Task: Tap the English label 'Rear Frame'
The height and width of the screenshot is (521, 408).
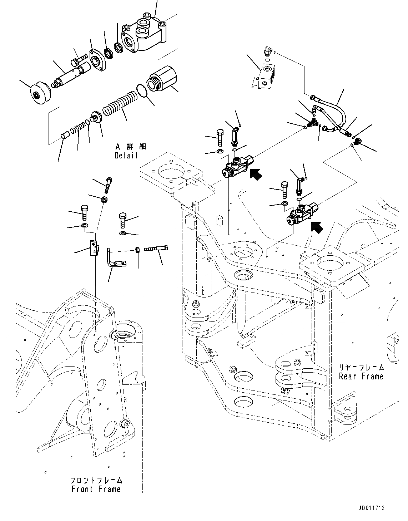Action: click(361, 376)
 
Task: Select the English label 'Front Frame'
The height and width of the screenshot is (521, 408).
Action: click(96, 489)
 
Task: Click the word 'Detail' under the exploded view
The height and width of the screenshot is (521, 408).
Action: click(126, 156)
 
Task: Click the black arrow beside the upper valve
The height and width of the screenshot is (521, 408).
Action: click(256, 174)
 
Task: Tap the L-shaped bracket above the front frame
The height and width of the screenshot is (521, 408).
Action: click(114, 260)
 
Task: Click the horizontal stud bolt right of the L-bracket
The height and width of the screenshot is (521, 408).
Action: click(156, 249)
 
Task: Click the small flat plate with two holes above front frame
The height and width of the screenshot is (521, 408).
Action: click(93, 247)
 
